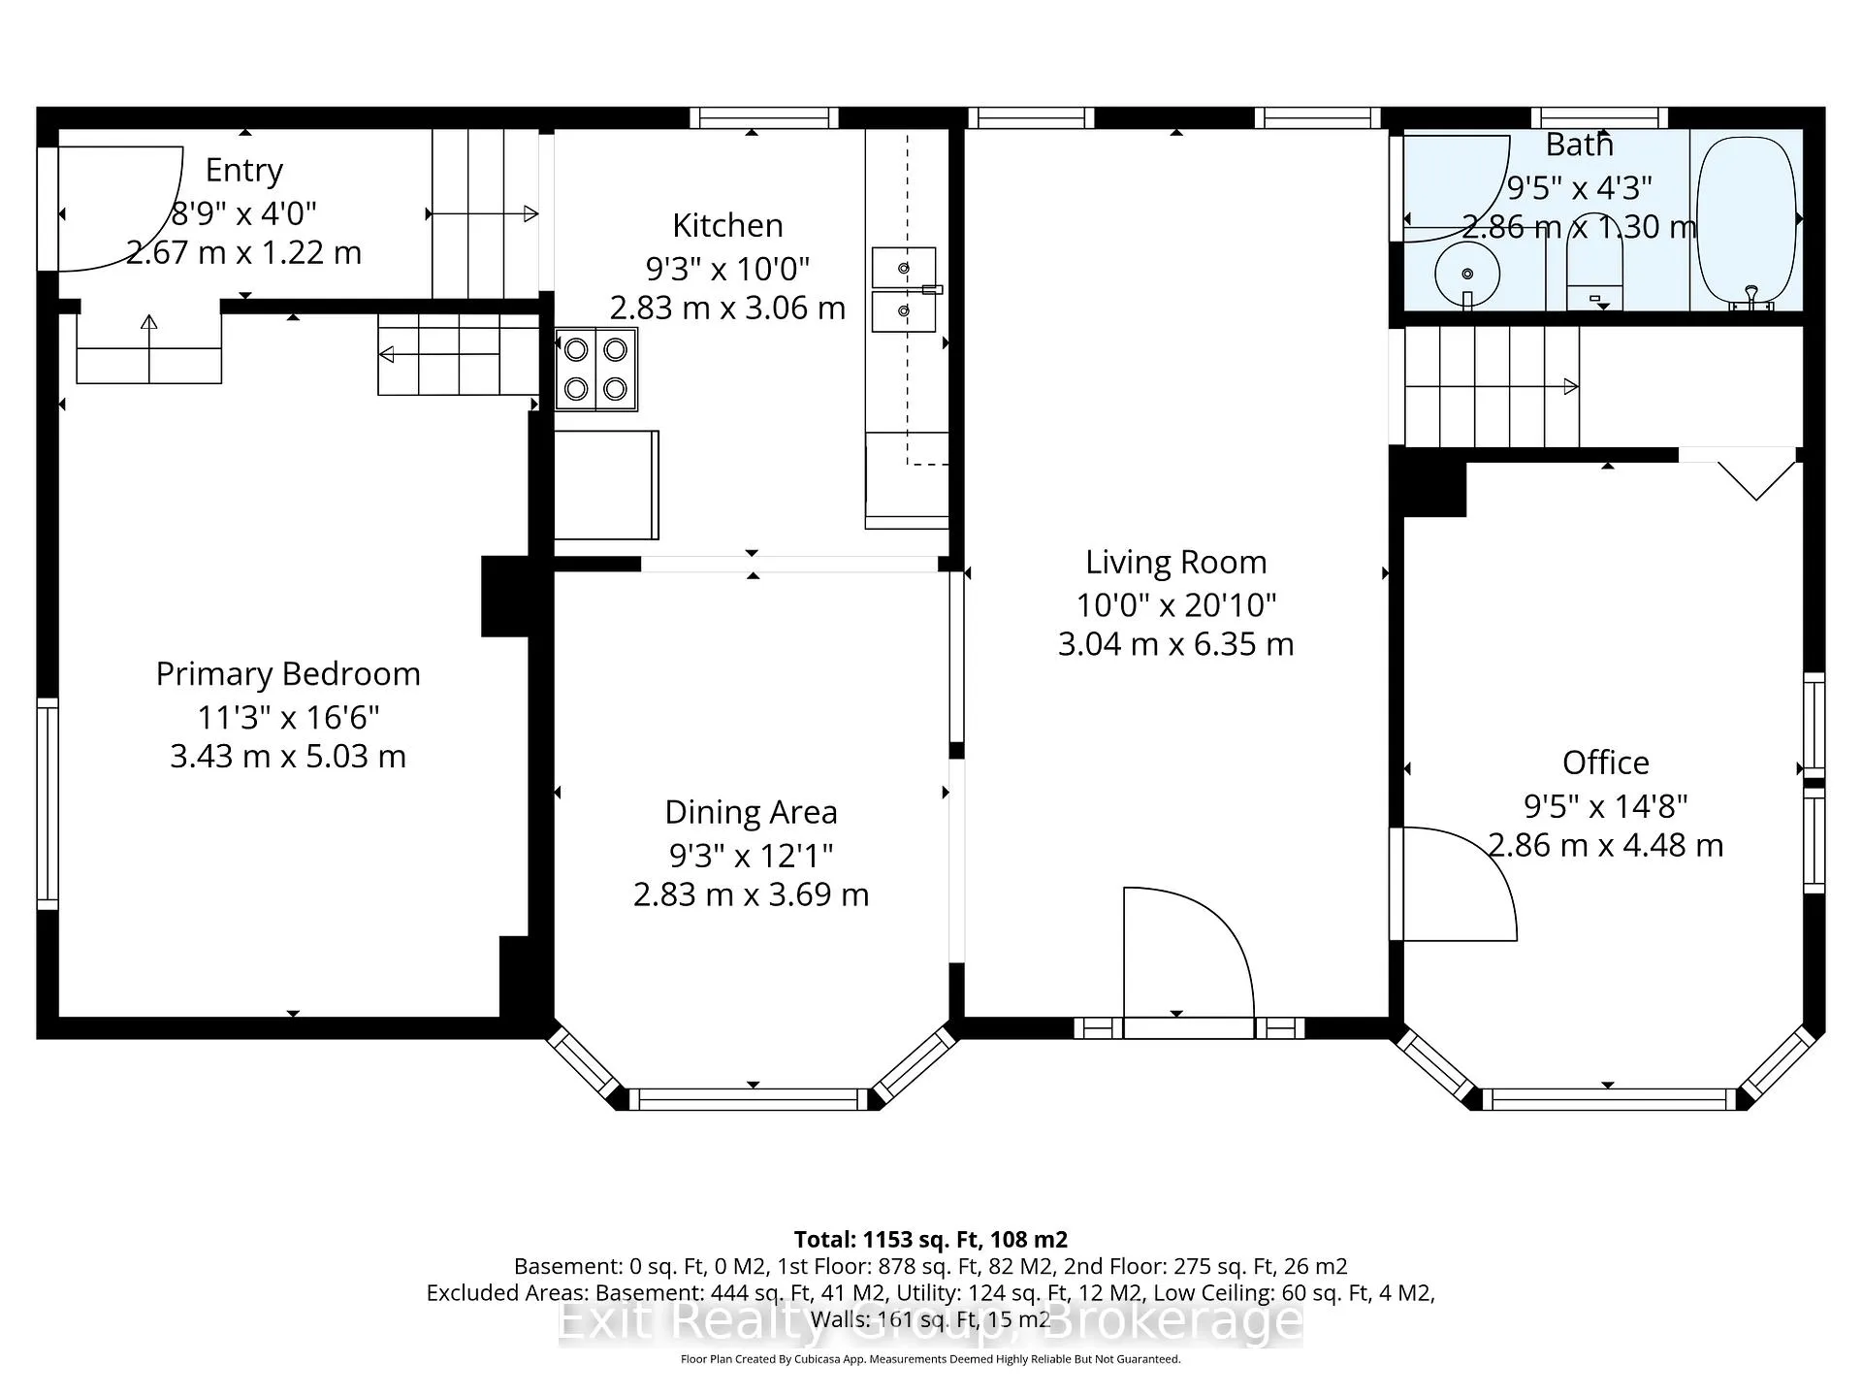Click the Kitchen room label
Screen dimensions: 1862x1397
[x=727, y=225]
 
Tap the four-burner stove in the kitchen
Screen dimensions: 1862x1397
[x=596, y=370]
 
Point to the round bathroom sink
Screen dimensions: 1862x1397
[x=1467, y=275]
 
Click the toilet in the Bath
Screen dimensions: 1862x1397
[x=1594, y=262]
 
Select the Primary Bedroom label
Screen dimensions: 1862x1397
[x=288, y=674]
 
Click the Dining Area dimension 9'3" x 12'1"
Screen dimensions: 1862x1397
[x=752, y=856]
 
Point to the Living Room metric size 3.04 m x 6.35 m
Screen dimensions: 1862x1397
[x=1176, y=644]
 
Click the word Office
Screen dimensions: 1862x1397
[x=1605, y=763]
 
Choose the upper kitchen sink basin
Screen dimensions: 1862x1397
[x=904, y=267]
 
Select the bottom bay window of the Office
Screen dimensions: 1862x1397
[x=1608, y=1099]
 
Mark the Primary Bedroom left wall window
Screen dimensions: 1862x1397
[x=48, y=803]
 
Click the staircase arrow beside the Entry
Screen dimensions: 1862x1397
[x=483, y=213]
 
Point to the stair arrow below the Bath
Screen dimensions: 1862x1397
[x=1492, y=386]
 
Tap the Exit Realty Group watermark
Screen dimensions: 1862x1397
[x=930, y=1320]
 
